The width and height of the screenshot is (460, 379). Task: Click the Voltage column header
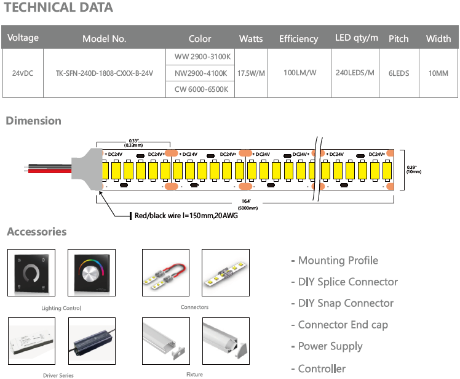pos(23,38)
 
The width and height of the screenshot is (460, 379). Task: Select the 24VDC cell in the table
pos(23,73)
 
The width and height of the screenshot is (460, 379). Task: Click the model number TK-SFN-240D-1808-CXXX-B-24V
pos(105,73)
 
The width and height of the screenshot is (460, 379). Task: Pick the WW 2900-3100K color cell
pos(200,57)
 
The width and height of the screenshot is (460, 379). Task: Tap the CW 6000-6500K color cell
pos(200,89)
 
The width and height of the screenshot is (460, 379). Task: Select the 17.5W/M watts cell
pos(251,73)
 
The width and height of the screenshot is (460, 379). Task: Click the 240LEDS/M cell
pos(355,73)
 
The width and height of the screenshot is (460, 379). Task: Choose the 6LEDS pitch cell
pos(399,73)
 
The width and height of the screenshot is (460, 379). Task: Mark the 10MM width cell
pos(438,73)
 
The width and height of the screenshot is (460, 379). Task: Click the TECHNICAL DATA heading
pos(58,8)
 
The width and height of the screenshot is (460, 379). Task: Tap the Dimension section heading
pos(34,121)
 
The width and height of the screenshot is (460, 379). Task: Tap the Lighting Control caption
pos(61,308)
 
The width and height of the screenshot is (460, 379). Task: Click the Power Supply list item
pos(330,346)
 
